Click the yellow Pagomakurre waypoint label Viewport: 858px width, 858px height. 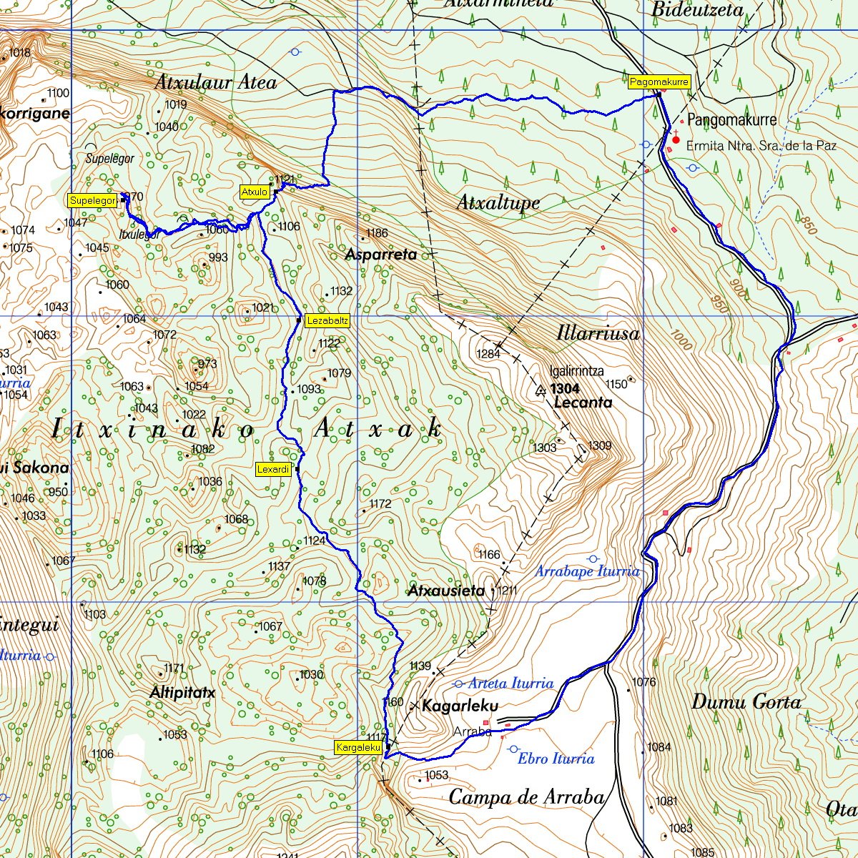pos(659,82)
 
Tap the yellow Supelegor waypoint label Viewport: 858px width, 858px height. pos(92,201)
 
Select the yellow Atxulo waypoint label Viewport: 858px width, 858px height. pos(255,192)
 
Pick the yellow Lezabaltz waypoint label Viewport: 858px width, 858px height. pos(327,321)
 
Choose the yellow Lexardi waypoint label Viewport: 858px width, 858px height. pos(273,469)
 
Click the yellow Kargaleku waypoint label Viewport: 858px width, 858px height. pos(358,747)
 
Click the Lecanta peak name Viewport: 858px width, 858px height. pos(583,403)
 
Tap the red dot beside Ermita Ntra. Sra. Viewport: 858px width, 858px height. pos(676,140)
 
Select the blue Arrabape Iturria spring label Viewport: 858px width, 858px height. pos(587,571)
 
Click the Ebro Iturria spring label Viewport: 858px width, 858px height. pos(556,759)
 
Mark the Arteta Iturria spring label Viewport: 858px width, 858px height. pos(511,684)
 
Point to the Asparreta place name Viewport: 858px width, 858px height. pos(380,255)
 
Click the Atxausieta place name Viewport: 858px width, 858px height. pos(445,591)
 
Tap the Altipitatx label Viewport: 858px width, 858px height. pos(182,693)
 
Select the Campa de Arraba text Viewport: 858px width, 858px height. pos(526,797)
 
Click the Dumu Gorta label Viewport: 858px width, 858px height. pos(746,702)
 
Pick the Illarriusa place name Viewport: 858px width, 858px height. pos(598,333)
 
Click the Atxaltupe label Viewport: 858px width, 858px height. pos(498,203)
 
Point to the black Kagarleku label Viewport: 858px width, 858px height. pos(460,706)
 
